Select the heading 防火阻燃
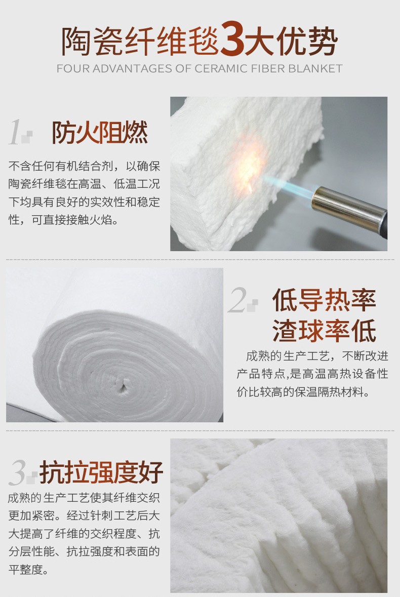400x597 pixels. pos(100,133)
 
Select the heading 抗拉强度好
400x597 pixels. pos(101,472)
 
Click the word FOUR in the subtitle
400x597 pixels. pos(72,68)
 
